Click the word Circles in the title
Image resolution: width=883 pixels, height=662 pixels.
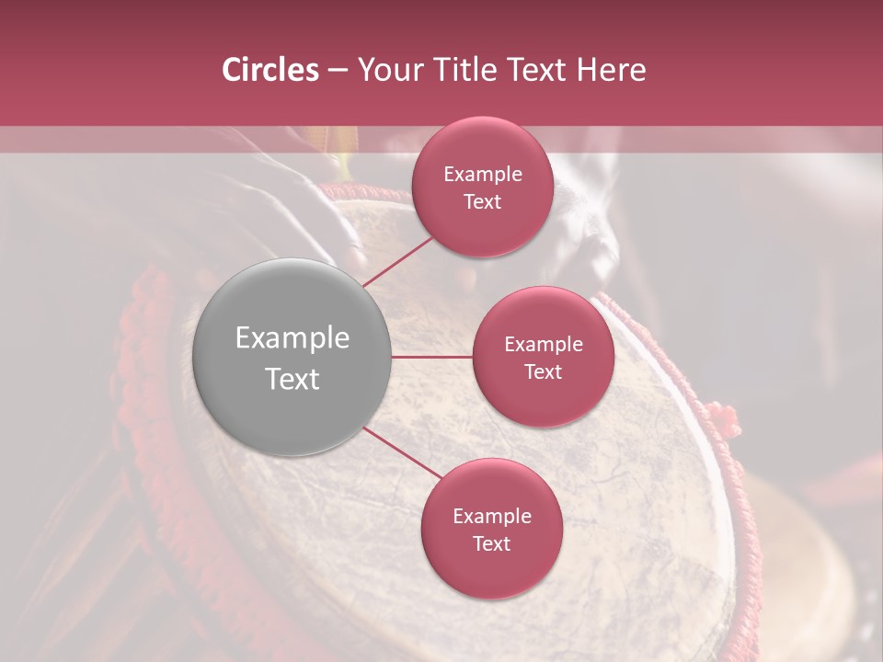click(270, 70)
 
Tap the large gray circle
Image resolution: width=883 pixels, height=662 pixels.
click(292, 357)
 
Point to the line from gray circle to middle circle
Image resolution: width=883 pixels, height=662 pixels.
click(432, 357)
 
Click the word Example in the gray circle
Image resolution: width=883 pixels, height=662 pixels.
click(292, 337)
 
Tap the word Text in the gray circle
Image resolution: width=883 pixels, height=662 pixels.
click(292, 378)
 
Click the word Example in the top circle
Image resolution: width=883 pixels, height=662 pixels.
click(483, 175)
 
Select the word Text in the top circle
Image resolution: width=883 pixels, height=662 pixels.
click(483, 201)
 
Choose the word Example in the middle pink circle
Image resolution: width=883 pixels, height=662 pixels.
click(544, 345)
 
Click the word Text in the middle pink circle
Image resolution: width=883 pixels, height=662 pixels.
click(544, 371)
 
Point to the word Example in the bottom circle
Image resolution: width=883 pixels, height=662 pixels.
click(492, 517)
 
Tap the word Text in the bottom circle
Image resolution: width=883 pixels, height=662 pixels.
click(492, 543)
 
